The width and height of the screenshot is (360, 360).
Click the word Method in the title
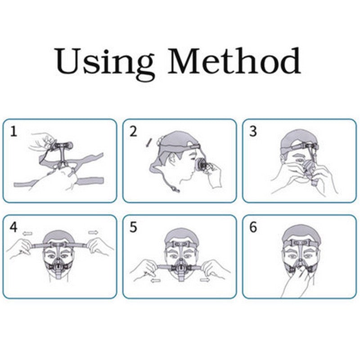(x=234, y=61)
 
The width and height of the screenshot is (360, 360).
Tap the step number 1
(x=13, y=131)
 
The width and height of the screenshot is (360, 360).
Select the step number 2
(x=133, y=131)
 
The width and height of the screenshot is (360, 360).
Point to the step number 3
(x=253, y=131)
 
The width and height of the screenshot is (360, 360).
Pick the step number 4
(x=13, y=227)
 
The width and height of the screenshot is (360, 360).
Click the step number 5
(x=133, y=227)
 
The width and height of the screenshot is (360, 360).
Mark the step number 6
(x=253, y=227)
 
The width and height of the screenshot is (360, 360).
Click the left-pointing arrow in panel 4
(x=27, y=234)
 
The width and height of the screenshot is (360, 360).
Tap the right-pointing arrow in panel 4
(x=93, y=233)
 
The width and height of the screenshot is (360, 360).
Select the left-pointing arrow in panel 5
(x=156, y=280)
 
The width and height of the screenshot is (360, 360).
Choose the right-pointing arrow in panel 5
(x=205, y=279)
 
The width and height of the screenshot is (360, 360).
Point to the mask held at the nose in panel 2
(x=201, y=164)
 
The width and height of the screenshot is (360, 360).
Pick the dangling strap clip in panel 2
(x=176, y=189)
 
